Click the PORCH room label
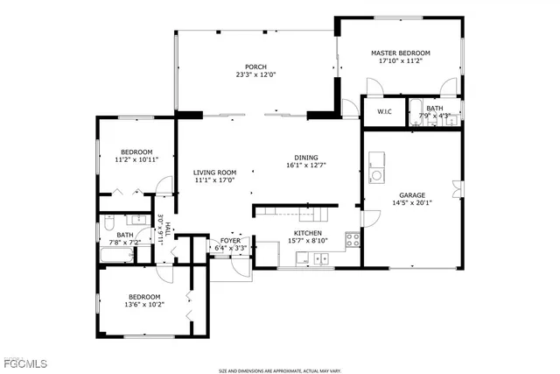point(255,67)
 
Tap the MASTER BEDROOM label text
point(400,53)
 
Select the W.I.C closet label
point(384,112)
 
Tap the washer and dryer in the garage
point(376,166)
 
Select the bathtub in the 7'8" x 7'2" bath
point(115,256)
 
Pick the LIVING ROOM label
point(214,173)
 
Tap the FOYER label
point(230,240)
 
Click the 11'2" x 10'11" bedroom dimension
point(136,159)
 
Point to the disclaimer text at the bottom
point(280,370)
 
